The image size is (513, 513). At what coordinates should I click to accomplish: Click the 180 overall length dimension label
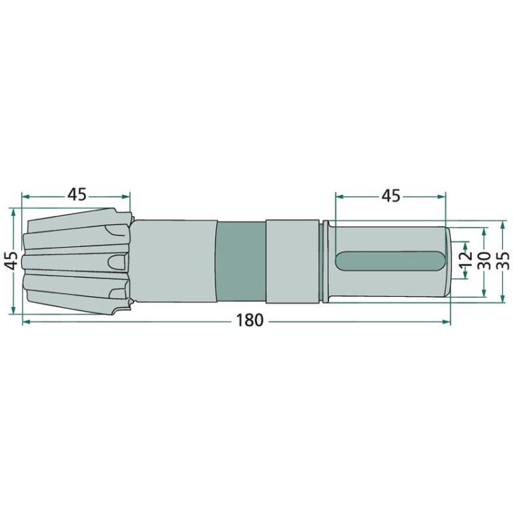(249, 320)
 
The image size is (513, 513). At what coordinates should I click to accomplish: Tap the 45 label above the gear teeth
(77, 195)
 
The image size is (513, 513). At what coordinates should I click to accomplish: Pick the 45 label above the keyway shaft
(391, 196)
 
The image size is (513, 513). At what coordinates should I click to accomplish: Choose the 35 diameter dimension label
(503, 261)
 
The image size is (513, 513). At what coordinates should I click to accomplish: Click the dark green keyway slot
(390, 261)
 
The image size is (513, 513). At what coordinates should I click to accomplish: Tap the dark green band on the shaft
(241, 262)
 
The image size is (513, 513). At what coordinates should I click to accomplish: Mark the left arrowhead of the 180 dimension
(25, 322)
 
